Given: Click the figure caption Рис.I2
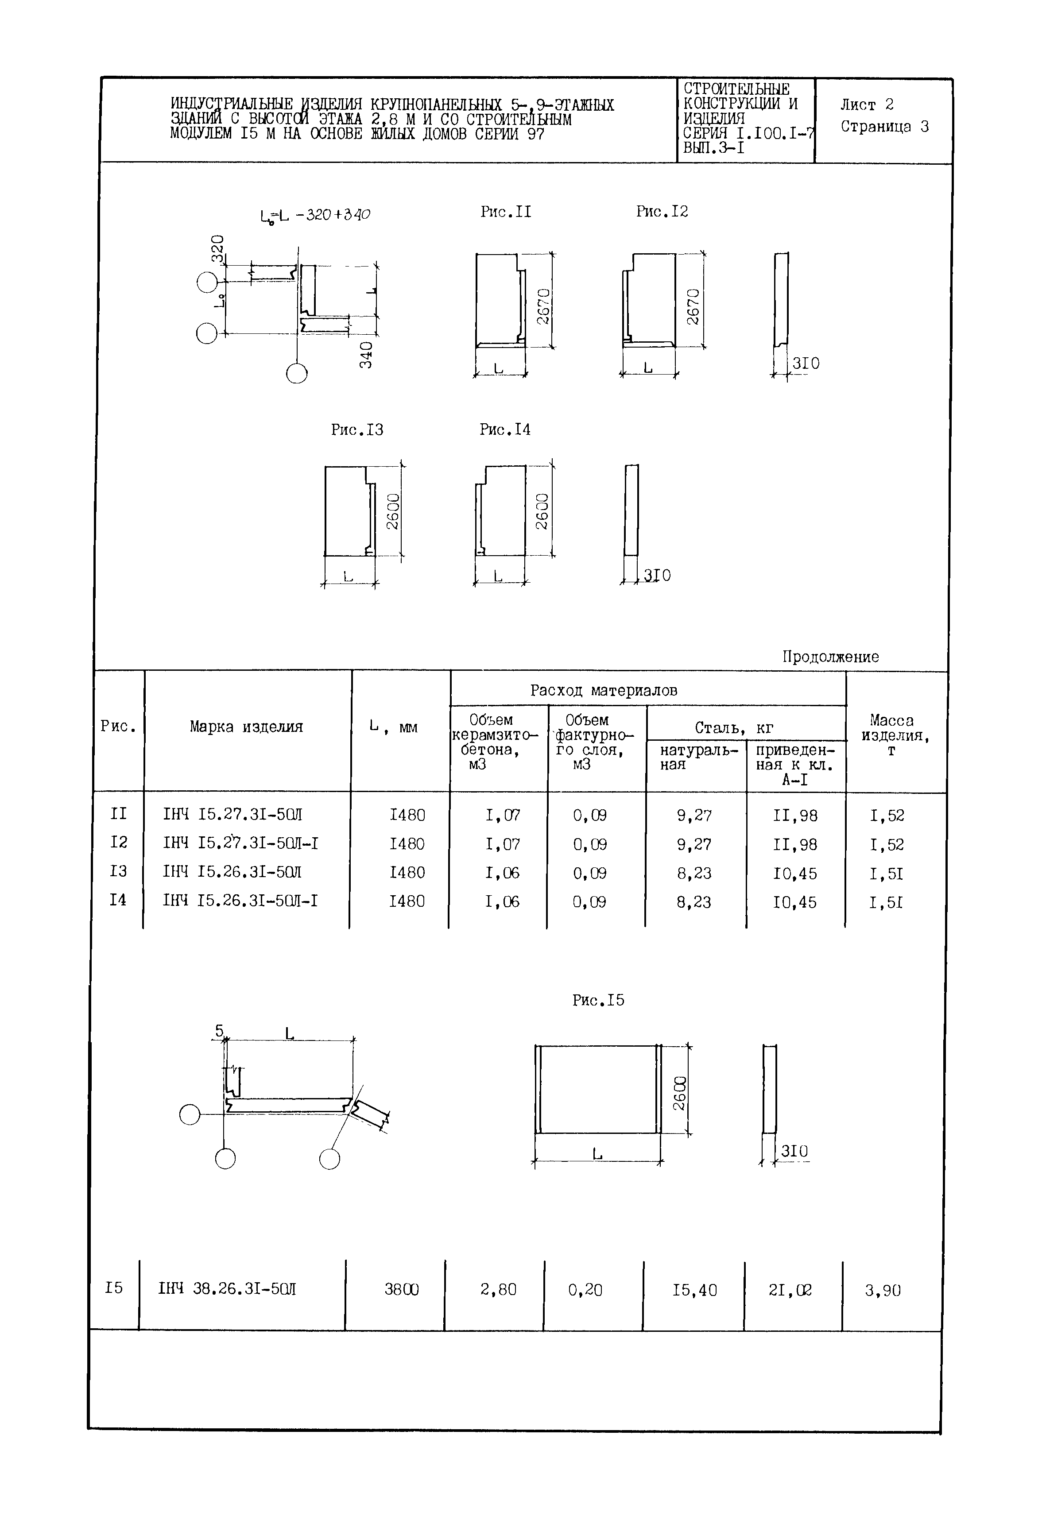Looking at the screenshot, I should click(x=662, y=212).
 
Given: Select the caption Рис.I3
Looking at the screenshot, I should click(x=357, y=430).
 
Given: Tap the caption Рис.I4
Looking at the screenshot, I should click(x=505, y=430).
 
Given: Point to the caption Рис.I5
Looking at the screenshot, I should click(x=598, y=1000).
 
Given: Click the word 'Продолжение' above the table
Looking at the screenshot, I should click(x=830, y=657).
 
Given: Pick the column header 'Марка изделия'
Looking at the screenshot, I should click(x=246, y=727).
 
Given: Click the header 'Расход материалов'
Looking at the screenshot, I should click(x=604, y=691).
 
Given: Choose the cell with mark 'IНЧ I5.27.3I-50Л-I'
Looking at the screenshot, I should click(x=240, y=844).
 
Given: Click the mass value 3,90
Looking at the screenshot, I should click(x=883, y=1291).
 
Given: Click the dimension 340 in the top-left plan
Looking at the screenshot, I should click(x=366, y=355).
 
